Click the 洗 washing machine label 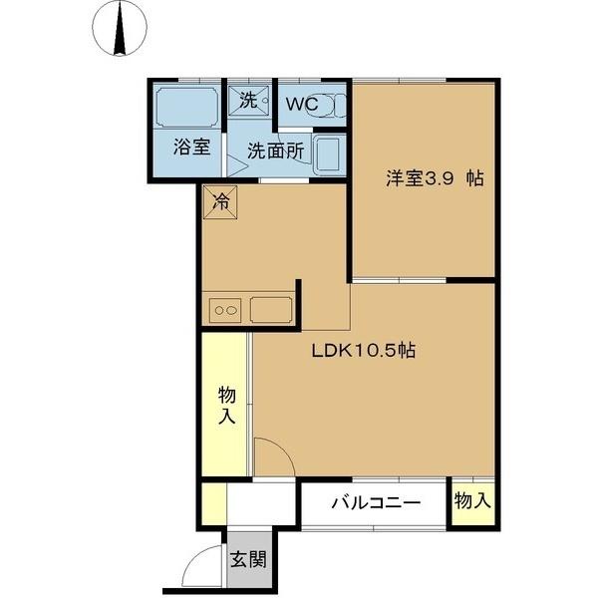tap(247, 101)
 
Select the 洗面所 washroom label tap(274, 151)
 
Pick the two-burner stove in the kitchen tap(225, 310)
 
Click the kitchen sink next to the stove tap(271, 309)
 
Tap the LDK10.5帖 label tap(364, 352)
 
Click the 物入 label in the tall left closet tap(226, 404)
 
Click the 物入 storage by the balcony tap(472, 501)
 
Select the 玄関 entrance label tap(248, 559)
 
